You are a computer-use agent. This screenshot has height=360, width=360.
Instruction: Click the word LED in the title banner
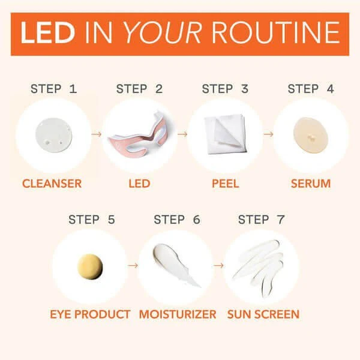[47, 32]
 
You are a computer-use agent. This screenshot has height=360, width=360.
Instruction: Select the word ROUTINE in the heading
[275, 32]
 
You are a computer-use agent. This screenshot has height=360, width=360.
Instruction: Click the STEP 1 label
[54, 89]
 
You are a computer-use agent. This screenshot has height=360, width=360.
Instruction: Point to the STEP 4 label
[311, 89]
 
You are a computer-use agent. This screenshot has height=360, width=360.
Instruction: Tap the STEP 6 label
[177, 219]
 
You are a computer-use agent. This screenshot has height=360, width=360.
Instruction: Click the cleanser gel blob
[54, 135]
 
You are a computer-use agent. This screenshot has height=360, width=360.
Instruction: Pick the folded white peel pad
[225, 134]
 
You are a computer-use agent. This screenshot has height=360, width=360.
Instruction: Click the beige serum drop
[311, 136]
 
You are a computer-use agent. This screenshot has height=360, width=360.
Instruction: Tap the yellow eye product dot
[90, 266]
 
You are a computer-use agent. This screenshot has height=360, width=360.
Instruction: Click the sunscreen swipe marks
[258, 267]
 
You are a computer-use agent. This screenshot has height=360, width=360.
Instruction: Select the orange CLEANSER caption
[52, 184]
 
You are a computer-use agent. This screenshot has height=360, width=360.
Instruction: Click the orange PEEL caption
[225, 184]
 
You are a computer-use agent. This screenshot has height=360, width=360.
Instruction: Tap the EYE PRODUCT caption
[90, 314]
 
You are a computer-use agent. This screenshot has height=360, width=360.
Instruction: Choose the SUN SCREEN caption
[263, 314]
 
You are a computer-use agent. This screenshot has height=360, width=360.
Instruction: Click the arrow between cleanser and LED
[97, 134]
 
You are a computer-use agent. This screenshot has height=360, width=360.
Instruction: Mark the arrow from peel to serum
[268, 134]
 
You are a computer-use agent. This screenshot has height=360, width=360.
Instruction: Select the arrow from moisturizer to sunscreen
[218, 265]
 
